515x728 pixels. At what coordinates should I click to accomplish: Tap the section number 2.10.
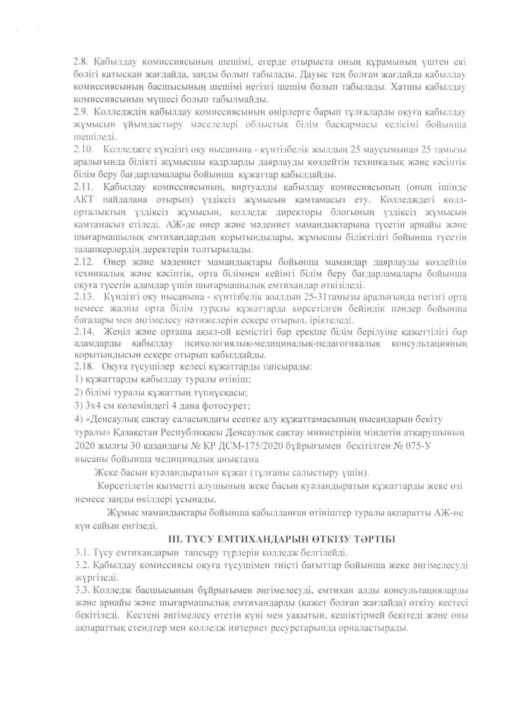pos(83,150)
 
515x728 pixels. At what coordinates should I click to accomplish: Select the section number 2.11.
pos(83,187)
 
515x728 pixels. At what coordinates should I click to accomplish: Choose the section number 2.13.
pos(83,297)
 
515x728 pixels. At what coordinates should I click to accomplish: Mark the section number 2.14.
pos(83,332)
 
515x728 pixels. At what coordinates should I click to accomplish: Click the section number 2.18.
pos(83,367)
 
